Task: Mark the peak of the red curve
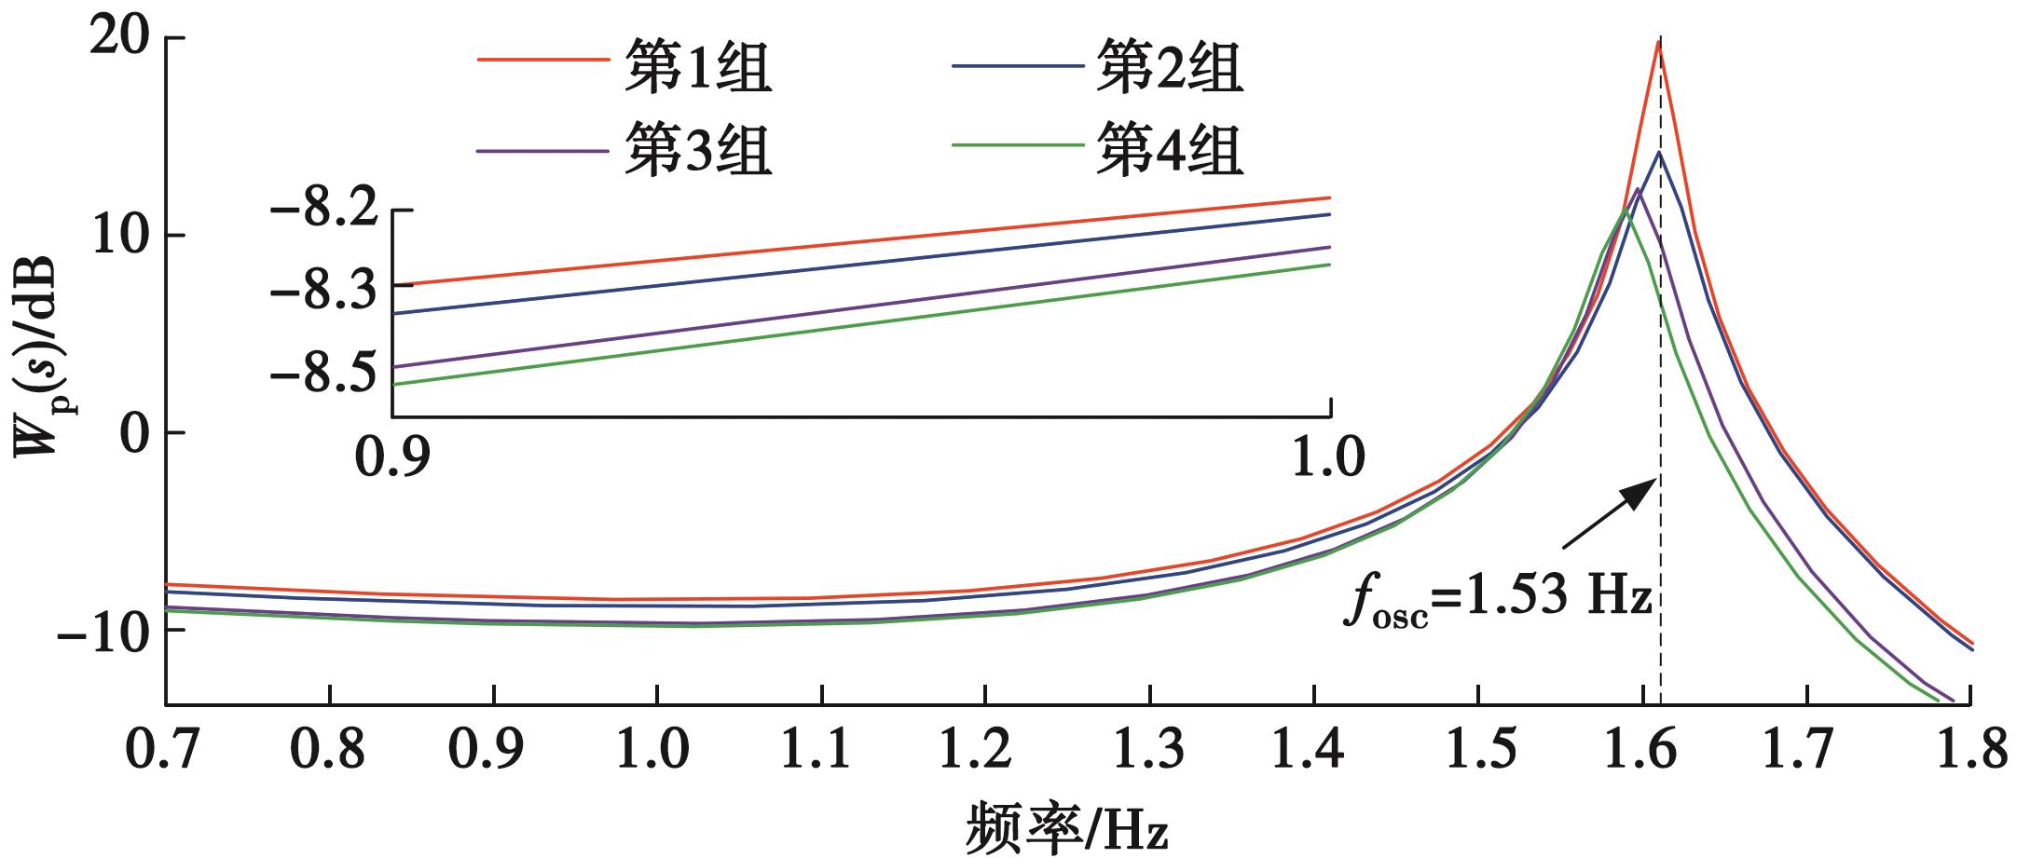(x=1659, y=41)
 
